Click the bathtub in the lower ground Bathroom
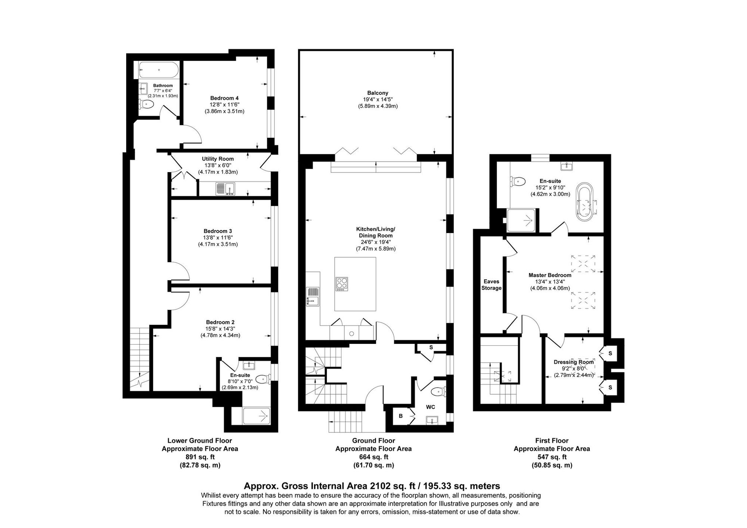point(159,70)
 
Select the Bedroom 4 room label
point(224,98)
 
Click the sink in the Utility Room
point(225,189)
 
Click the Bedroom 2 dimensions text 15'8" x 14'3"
point(220,329)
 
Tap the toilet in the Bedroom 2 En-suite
point(263,379)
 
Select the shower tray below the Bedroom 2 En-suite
point(257,416)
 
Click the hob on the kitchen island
point(342,284)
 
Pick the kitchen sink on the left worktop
point(313,296)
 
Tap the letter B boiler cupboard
point(400,415)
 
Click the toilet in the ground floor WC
point(437,392)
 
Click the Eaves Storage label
point(491,285)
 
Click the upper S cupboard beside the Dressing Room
point(610,353)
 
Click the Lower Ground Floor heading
point(199,441)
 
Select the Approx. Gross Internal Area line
point(372,486)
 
